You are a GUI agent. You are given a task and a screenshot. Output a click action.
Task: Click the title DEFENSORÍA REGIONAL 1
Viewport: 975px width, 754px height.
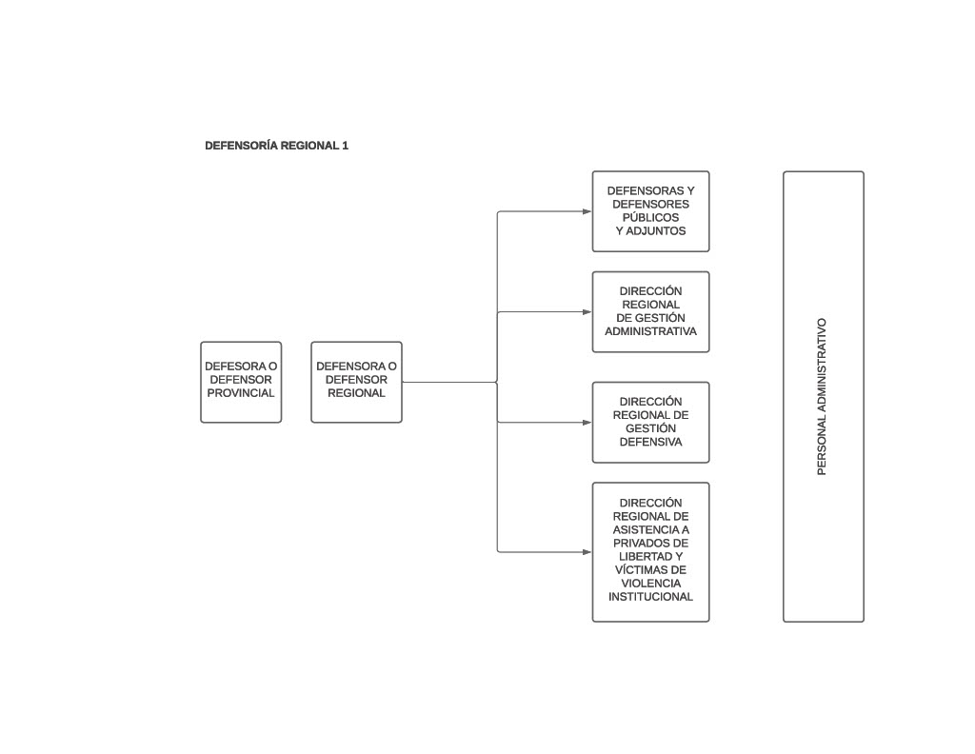(277, 146)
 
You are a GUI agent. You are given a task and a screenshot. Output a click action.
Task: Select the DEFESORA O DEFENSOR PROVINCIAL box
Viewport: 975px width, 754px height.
(241, 383)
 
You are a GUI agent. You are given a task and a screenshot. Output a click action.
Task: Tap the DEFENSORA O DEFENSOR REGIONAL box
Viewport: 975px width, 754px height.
(356, 383)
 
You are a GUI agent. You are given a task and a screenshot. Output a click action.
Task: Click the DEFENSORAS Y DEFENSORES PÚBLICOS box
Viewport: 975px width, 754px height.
(651, 211)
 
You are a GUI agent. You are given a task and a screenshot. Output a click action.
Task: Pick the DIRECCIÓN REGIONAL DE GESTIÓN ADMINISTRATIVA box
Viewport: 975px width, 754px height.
(651, 312)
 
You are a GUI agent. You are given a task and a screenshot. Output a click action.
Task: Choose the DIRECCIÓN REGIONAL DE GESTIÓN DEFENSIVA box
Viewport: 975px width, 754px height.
(651, 423)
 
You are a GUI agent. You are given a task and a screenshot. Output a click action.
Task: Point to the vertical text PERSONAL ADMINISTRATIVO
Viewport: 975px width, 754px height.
(822, 397)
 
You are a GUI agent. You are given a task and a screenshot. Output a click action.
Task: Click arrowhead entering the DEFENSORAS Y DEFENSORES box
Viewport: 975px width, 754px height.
(587, 211)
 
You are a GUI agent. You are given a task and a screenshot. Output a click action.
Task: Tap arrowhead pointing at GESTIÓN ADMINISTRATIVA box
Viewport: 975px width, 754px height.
(587, 312)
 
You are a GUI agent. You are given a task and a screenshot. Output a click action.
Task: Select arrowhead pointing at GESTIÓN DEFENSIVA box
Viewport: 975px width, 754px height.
(587, 423)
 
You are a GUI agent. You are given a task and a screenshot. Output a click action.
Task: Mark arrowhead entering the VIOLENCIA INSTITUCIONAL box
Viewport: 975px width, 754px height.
(587, 552)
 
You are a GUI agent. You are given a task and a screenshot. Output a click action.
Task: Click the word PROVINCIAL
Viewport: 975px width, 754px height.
(241, 393)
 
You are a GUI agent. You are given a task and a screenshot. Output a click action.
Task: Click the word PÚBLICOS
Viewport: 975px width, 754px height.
(650, 218)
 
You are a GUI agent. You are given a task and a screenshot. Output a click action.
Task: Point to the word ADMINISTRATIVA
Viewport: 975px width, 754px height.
(650, 331)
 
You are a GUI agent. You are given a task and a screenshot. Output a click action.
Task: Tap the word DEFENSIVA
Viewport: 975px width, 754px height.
(650, 442)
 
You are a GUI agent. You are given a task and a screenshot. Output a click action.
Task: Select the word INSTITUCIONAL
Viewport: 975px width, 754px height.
(650, 597)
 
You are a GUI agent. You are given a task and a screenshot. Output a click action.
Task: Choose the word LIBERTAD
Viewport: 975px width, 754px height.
(646, 556)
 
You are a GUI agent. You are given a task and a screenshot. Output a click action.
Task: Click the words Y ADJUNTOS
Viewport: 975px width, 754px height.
(650, 231)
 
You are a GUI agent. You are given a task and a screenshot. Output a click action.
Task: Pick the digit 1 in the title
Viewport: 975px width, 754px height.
(345, 146)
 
